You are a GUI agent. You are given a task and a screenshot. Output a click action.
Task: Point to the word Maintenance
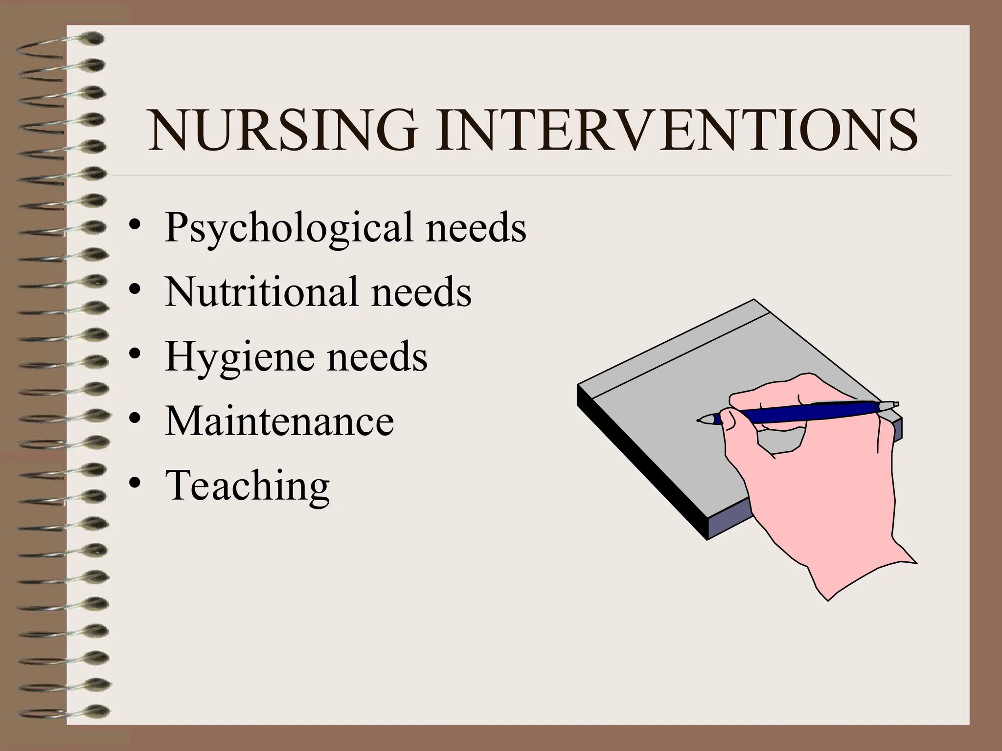(279, 421)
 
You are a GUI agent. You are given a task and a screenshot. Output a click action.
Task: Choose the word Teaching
(248, 486)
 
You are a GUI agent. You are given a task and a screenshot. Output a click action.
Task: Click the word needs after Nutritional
(421, 292)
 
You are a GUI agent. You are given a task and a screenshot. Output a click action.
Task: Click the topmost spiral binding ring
(59, 42)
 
